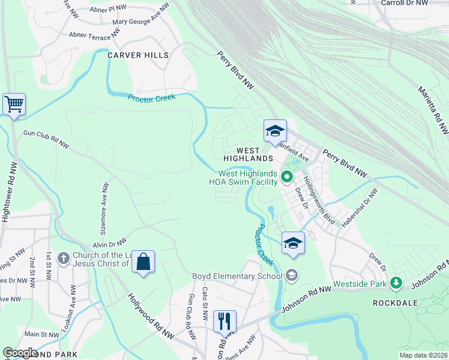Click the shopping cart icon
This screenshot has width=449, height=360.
click(14, 104)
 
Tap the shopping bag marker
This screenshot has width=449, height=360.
click(143, 262)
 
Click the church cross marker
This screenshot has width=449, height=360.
click(63, 259)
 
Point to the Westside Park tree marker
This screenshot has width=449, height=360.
click(396, 282)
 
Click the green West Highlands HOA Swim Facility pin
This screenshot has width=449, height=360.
click(287, 176)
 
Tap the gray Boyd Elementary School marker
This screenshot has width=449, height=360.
click(292, 276)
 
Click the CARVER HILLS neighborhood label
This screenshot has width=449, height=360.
click(138, 55)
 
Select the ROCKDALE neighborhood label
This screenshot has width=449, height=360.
click(395, 303)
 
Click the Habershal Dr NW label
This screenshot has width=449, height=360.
click(360, 208)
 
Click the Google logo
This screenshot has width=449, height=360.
click(20, 353)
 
